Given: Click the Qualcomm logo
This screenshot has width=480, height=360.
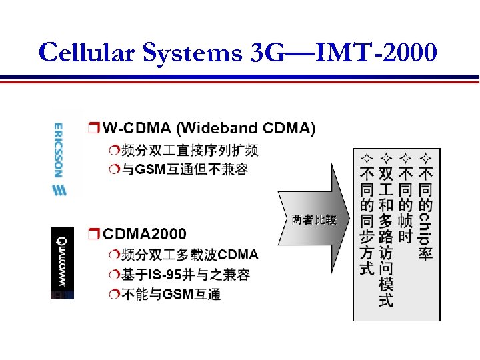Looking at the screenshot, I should [62, 263].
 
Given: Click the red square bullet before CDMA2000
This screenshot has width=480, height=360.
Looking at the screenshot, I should [93, 234].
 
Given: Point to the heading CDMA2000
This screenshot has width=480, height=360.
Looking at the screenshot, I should [145, 234].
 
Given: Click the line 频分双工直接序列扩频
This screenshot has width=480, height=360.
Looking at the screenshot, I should [190, 149].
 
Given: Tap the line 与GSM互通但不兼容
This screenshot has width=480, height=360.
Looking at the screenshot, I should [185, 169].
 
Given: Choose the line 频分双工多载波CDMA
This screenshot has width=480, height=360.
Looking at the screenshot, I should [190, 255].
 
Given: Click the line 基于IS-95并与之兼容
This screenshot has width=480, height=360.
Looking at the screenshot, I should [185, 274].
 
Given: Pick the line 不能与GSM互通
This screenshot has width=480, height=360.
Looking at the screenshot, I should [171, 294].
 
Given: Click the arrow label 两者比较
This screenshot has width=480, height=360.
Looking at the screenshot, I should [313, 219].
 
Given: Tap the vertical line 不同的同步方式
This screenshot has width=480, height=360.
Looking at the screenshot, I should [366, 221].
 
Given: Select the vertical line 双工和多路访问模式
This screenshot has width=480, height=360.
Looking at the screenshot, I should [385, 237].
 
